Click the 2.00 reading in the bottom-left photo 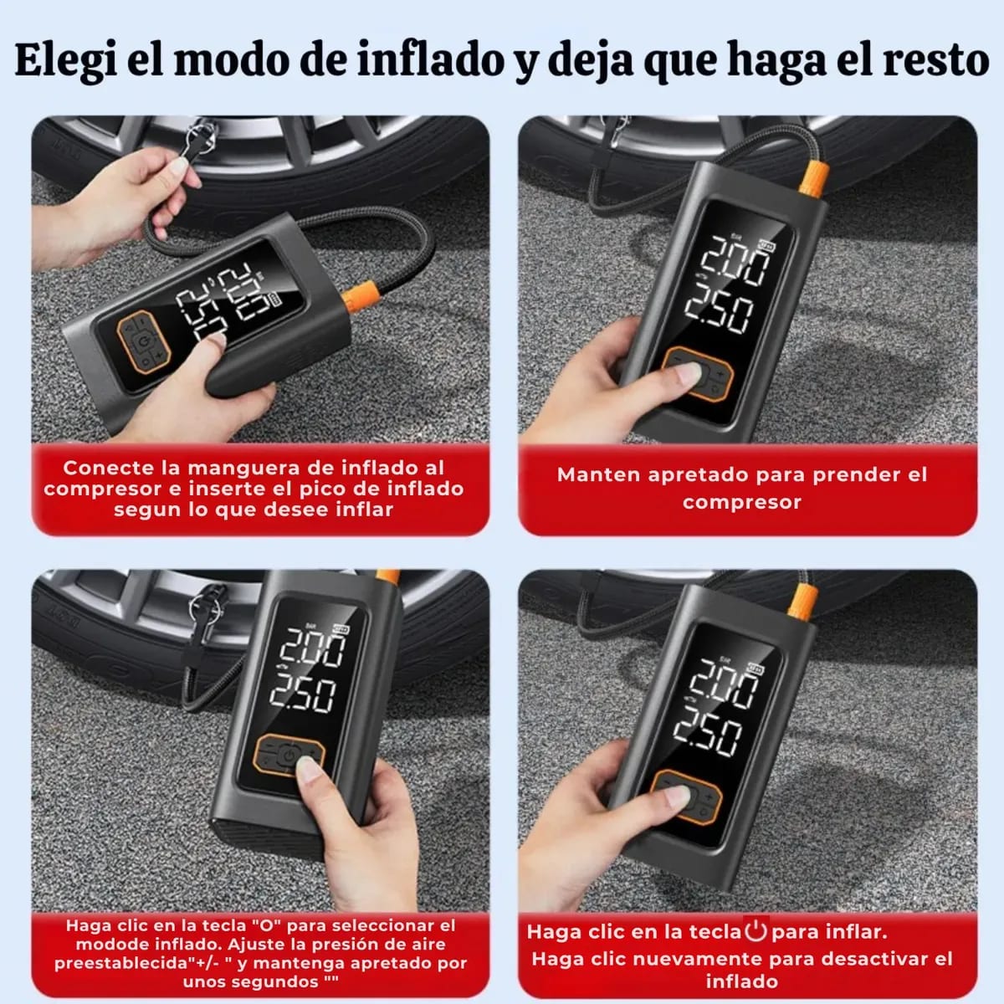(x=311, y=647)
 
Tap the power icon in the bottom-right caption (x=756, y=930)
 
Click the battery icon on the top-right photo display (x=765, y=244)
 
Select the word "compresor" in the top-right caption (x=741, y=502)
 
